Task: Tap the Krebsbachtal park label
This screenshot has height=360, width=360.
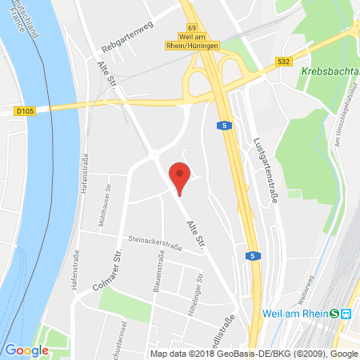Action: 330,72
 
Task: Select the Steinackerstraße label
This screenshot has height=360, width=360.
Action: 154,243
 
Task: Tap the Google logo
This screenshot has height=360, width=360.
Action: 26,350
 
